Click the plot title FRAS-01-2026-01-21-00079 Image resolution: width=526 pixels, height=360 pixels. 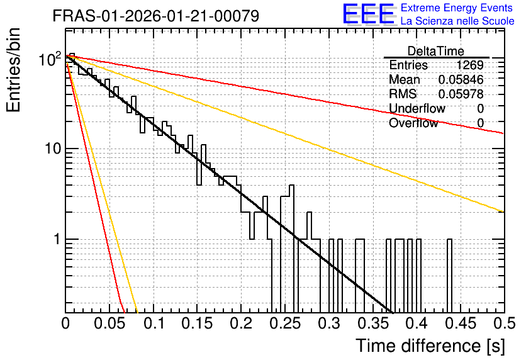(x=156, y=16)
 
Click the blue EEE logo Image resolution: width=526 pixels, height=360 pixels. (x=368, y=14)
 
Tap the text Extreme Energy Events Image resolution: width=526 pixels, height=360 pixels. (x=457, y=8)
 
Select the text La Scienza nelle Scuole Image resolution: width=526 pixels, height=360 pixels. (x=457, y=21)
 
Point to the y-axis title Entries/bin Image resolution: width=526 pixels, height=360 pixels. (x=13, y=70)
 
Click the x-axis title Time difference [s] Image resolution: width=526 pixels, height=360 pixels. (x=430, y=346)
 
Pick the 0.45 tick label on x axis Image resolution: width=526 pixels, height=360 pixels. (x=461, y=323)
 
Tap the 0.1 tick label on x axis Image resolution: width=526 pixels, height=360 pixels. (x=154, y=323)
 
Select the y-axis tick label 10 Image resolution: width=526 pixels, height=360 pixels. (x=53, y=149)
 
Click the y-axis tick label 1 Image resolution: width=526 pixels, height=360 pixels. (x=57, y=239)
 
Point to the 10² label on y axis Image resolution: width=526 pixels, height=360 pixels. (x=50, y=59)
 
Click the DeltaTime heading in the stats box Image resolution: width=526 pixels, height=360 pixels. (x=436, y=51)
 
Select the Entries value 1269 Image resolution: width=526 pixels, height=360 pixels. (x=469, y=65)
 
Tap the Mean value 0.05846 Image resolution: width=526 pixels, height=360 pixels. (x=461, y=79)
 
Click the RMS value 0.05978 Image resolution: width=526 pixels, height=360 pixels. (x=461, y=94)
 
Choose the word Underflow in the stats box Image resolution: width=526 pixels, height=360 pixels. (x=417, y=108)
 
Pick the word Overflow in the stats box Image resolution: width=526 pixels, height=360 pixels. (x=413, y=123)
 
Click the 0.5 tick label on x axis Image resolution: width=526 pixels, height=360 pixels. (x=505, y=323)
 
